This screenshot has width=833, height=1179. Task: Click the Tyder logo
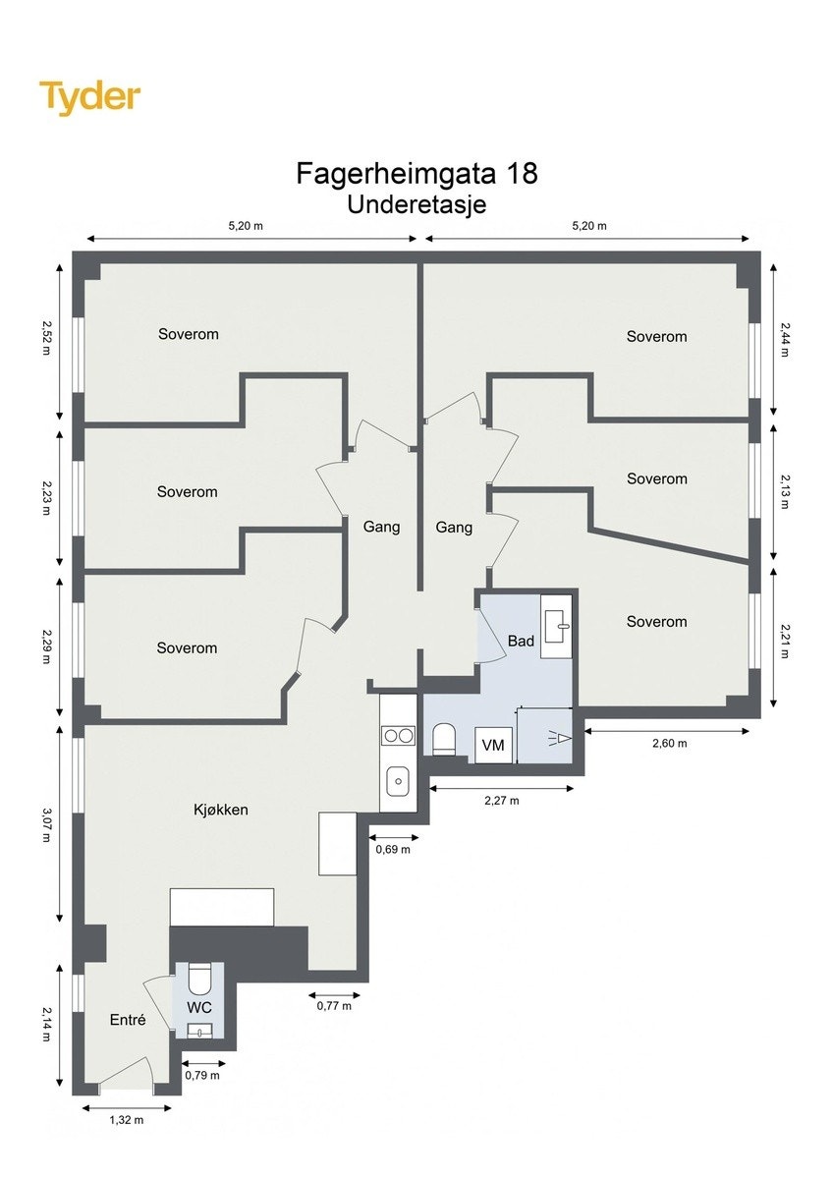[x=89, y=98]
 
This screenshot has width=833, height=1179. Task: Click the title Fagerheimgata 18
[x=416, y=174]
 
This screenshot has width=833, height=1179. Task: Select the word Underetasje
[x=416, y=205]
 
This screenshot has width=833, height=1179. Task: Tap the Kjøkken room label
[x=220, y=811]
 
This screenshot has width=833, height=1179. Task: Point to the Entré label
[x=128, y=1020]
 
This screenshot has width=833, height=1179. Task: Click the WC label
[x=199, y=1008]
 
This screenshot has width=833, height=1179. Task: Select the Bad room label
[x=521, y=642]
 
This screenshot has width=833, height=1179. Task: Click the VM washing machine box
[x=493, y=746]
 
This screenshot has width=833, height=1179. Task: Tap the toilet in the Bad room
[x=444, y=740]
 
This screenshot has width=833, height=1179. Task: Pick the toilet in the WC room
[x=199, y=980]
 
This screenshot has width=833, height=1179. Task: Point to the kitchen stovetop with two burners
[x=398, y=734]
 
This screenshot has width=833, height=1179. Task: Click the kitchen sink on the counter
[x=398, y=781]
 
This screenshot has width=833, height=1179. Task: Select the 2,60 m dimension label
[x=669, y=743]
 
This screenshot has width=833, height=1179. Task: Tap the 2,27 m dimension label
[x=501, y=800]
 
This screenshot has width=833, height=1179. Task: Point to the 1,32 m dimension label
[x=126, y=1120]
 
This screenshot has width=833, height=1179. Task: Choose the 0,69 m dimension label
[x=393, y=849]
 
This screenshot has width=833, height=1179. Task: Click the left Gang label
[x=381, y=527]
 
